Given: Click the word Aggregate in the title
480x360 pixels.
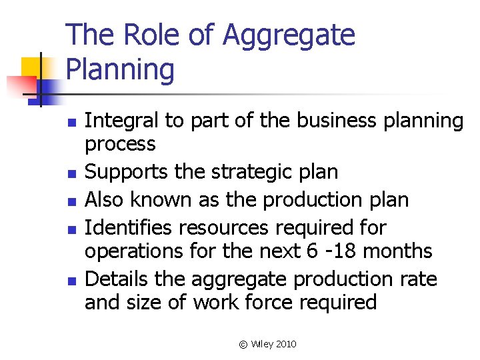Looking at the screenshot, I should (289, 36).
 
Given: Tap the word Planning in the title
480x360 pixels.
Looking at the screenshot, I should (121, 70).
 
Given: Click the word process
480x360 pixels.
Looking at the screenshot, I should (120, 144).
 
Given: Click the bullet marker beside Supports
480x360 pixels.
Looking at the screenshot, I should (72, 173).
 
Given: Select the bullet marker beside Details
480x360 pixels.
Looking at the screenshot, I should (72, 279).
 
